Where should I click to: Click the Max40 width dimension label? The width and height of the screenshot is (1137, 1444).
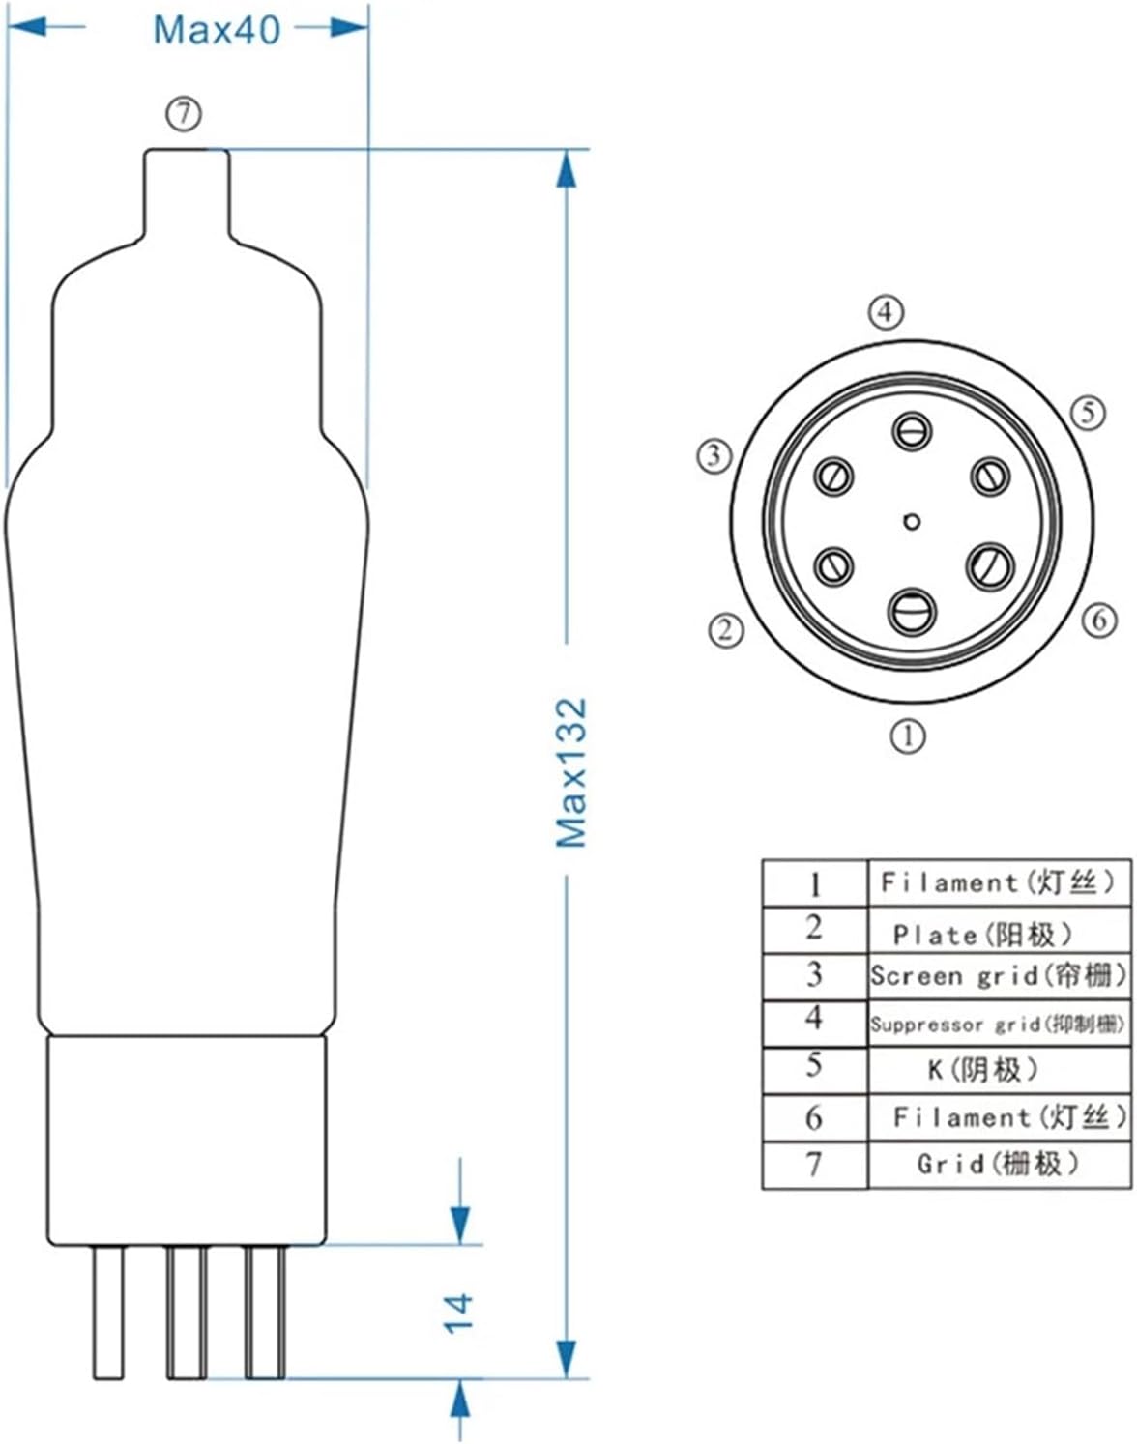point(217,29)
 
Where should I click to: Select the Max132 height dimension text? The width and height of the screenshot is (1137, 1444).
point(571,772)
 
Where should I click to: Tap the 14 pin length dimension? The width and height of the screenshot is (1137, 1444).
point(459,1313)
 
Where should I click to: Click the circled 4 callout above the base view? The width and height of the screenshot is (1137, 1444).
point(886,313)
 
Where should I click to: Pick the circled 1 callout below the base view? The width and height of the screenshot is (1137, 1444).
point(907,736)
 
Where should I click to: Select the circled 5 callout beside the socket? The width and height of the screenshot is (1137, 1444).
point(1088,413)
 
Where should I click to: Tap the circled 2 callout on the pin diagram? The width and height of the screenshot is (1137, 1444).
point(726,630)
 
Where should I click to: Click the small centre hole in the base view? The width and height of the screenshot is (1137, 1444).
point(910,522)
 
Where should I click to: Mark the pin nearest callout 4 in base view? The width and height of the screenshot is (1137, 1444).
point(912,430)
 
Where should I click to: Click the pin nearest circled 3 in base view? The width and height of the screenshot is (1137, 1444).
point(832,476)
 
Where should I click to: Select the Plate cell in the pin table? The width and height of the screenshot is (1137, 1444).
point(981,934)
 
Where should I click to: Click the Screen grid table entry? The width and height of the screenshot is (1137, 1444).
point(998,975)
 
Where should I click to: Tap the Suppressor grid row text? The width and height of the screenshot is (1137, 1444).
point(997,1024)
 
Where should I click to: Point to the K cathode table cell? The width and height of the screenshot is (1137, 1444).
point(981,1069)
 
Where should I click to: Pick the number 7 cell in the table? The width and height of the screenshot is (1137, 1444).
point(814,1164)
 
